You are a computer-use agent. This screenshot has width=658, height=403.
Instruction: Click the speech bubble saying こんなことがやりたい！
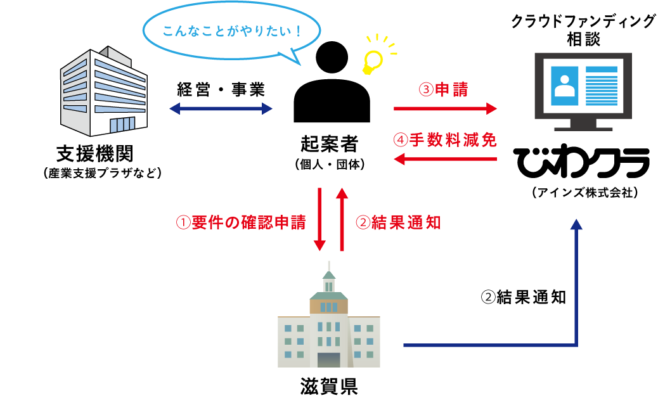pyautogui.click(x=232, y=31)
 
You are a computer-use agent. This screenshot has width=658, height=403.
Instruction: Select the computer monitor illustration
pyautogui.click(x=583, y=87)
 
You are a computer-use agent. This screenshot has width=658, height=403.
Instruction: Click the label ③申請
pyautogui.click(x=444, y=90)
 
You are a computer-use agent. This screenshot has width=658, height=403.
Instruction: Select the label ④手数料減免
pyautogui.click(x=445, y=140)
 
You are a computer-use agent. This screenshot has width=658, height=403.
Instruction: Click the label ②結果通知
pyautogui.click(x=398, y=222)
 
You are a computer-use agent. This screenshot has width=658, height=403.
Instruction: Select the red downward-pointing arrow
pyautogui.click(x=320, y=219)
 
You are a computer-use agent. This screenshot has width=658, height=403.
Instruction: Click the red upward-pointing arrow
pyautogui.click(x=342, y=219)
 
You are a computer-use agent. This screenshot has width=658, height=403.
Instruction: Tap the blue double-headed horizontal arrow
pyautogui.click(x=221, y=109)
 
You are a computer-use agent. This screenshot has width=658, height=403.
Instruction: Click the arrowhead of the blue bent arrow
pyautogui.click(x=576, y=224)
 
